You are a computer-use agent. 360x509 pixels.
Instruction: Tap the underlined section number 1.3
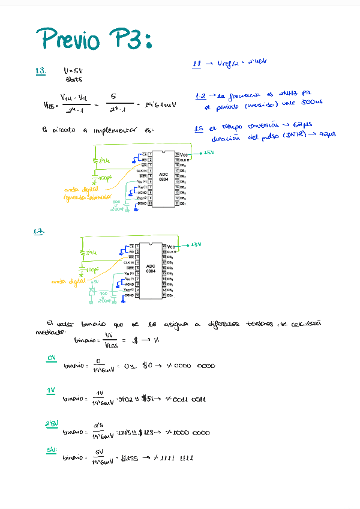[x=41, y=71]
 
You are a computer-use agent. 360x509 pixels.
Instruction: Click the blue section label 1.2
[x=201, y=96]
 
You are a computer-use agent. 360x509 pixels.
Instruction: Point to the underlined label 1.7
[x=40, y=231]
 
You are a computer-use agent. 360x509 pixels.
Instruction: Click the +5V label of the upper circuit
[x=209, y=153]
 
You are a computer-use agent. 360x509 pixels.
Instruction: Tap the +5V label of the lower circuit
[x=195, y=245]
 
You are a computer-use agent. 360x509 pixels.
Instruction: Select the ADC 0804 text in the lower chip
[x=151, y=268]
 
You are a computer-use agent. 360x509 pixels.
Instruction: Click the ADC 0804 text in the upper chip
[x=163, y=176]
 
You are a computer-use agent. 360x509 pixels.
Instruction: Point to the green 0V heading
[x=52, y=358]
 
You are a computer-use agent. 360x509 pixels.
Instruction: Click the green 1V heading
[x=52, y=391]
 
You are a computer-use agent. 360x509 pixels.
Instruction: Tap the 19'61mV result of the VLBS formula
[x=160, y=104]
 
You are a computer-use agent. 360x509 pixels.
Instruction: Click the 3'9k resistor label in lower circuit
[x=92, y=253]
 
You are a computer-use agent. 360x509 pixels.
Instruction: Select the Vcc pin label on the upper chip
[x=184, y=155]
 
